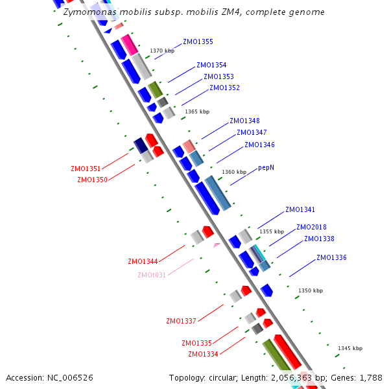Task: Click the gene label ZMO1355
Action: (x=198, y=42)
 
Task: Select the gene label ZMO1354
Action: (x=211, y=65)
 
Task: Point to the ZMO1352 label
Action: (x=224, y=88)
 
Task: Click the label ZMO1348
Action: (x=244, y=121)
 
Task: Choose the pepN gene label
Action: (x=266, y=167)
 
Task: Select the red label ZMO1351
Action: (x=86, y=169)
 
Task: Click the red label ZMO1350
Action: (x=92, y=180)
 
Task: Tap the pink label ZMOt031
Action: (x=152, y=275)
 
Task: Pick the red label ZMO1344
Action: (x=143, y=262)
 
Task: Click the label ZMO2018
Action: (x=311, y=228)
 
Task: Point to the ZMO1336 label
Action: (x=331, y=258)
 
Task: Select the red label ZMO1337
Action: (x=181, y=322)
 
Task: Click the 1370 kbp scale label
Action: (x=162, y=51)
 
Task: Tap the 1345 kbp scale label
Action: (x=350, y=349)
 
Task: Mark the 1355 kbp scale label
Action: (x=272, y=231)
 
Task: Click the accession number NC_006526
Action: (x=70, y=377)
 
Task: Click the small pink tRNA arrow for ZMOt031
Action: (x=217, y=245)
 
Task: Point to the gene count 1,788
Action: (x=370, y=377)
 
